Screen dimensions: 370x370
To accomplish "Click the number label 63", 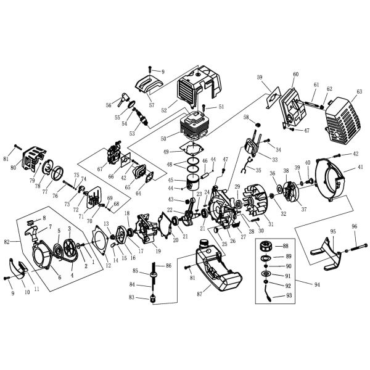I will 358,92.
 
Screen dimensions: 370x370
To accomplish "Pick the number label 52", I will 165,110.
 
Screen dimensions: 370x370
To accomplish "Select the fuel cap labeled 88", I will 268,246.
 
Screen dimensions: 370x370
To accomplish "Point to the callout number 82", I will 7,242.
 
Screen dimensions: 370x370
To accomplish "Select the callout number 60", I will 295,74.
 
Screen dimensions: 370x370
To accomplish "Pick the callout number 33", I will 274,142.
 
